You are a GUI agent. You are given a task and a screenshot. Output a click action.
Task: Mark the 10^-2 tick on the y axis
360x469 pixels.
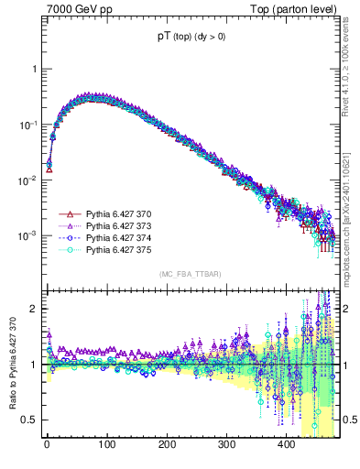coord(27,180)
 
